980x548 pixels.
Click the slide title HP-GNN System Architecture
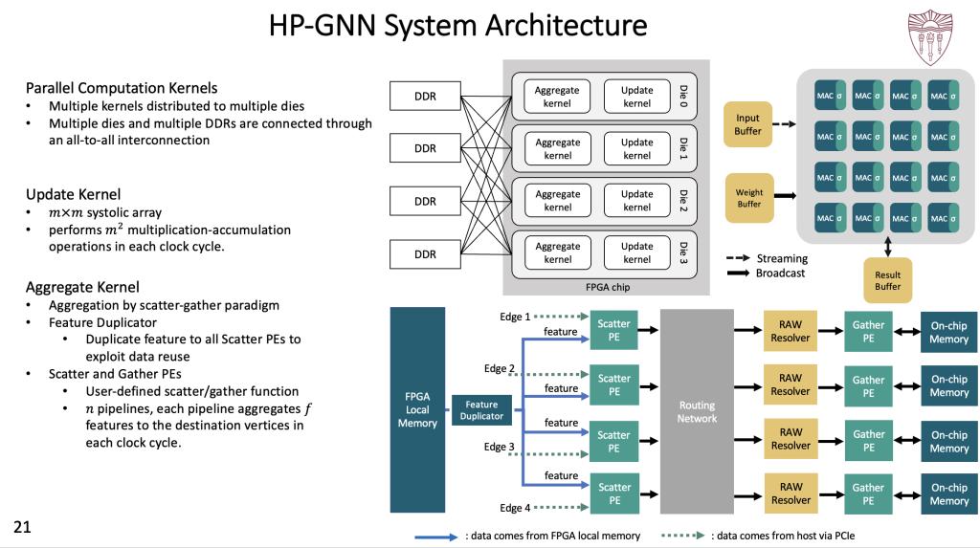pos(457,26)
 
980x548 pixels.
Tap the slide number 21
pos(20,526)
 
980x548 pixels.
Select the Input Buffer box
pos(747,124)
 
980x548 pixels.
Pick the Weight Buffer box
pos(749,198)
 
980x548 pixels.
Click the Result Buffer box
pos(887,280)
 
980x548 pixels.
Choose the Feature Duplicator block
pos(482,410)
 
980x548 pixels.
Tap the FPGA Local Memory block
pos(417,409)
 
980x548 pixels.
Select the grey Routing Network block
pos(697,411)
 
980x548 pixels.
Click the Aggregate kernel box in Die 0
pos(557,97)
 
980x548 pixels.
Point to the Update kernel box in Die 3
pos(636,252)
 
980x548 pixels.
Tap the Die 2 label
pos(683,200)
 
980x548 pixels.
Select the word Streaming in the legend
pos(782,258)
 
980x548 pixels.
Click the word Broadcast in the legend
pos(781,273)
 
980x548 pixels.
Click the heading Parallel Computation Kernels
pos(122,88)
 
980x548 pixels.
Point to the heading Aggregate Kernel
pos(82,286)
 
